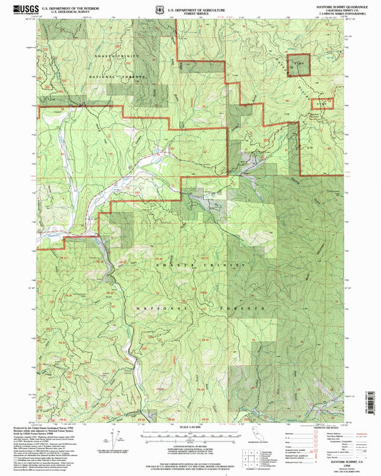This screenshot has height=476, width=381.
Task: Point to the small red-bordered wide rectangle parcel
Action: (x=323, y=104)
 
